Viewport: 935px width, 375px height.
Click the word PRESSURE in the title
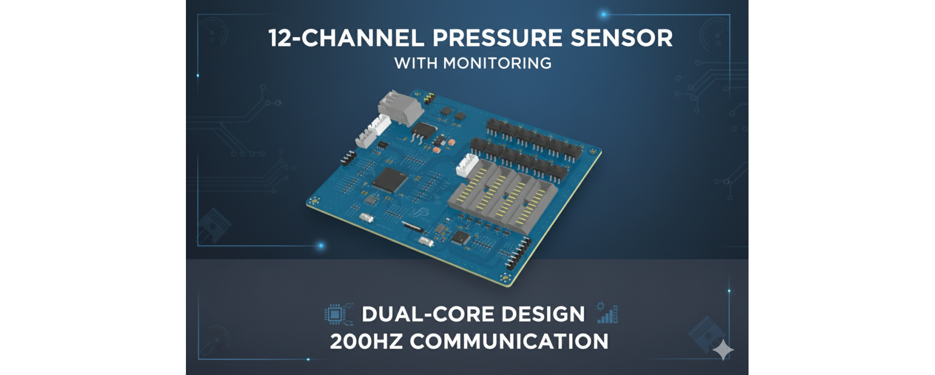pos(497,38)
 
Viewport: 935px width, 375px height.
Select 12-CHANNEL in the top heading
pos(346,38)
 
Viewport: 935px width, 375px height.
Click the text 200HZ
pos(366,341)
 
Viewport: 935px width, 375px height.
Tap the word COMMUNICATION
pos(509,341)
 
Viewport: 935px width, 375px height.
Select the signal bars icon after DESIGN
pos(607,313)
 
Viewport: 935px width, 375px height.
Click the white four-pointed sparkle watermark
pos(723,349)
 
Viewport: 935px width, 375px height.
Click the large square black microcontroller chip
pos(391,179)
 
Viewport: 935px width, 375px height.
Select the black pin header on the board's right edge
pos(518,253)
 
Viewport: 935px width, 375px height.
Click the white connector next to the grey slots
pos(467,166)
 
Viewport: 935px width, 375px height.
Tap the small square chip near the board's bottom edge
pos(460,237)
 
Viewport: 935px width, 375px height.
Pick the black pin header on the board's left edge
pos(348,158)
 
